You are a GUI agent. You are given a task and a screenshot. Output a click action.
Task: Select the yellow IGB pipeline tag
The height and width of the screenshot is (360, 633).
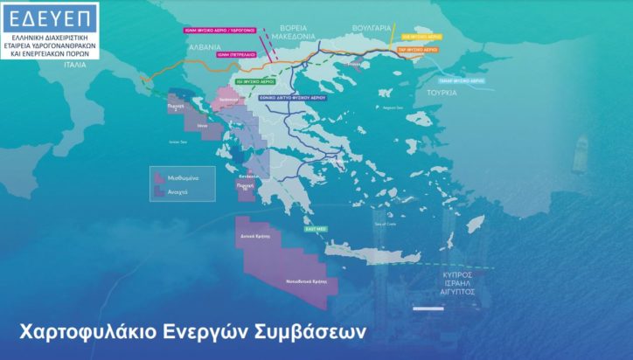(421, 38)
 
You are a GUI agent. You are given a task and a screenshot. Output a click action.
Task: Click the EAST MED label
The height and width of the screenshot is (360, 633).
(316, 229)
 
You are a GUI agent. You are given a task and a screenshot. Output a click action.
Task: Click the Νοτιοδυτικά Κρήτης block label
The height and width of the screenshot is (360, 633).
(307, 282)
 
